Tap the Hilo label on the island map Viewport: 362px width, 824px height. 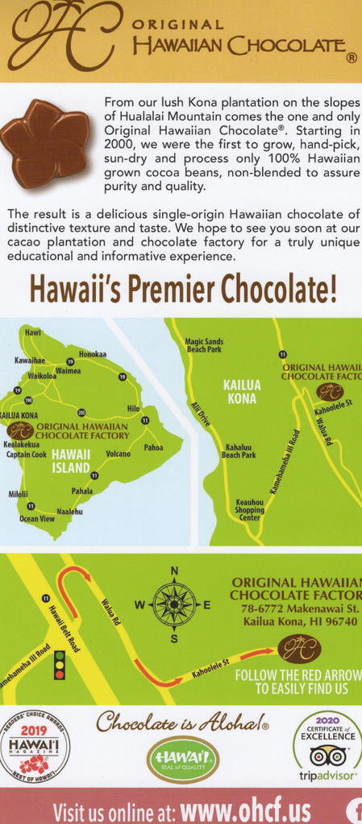pyautogui.click(x=133, y=409)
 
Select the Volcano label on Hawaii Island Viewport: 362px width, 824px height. pyautogui.click(x=118, y=454)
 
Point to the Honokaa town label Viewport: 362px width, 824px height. pyautogui.click(x=93, y=354)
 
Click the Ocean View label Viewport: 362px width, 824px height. pyautogui.click(x=37, y=519)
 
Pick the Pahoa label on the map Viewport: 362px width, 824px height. pyautogui.click(x=153, y=447)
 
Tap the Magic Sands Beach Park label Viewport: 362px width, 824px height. pyautogui.click(x=204, y=345)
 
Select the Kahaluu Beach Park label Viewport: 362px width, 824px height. pyautogui.click(x=240, y=451)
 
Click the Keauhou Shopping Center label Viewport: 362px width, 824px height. pyautogui.click(x=249, y=509)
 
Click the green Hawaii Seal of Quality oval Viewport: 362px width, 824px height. pyautogui.click(x=183, y=759)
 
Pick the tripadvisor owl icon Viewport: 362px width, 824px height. pyautogui.click(x=327, y=756)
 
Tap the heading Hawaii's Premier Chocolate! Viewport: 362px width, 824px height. pyautogui.click(x=182, y=289)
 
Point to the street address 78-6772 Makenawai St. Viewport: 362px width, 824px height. pyautogui.click(x=298, y=608)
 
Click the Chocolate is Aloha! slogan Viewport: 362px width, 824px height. pyautogui.click(x=181, y=721)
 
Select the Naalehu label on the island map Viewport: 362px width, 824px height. pyautogui.click(x=69, y=511)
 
